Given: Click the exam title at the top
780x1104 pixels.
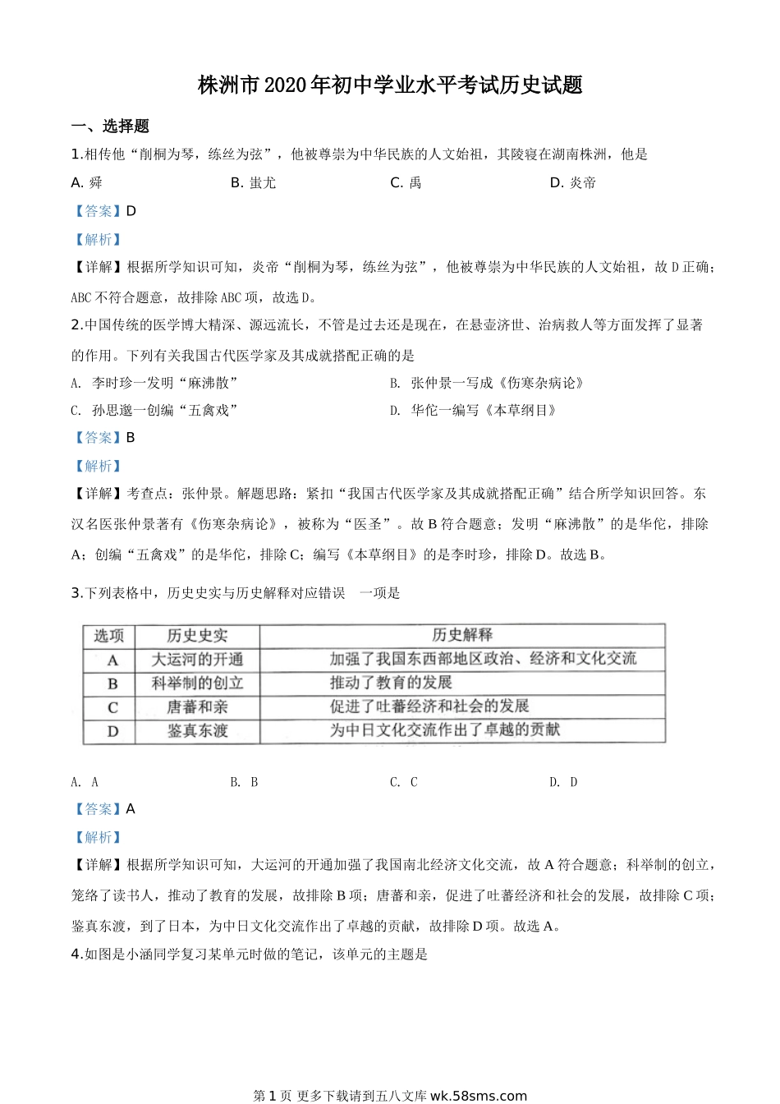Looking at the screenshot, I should tap(390, 85).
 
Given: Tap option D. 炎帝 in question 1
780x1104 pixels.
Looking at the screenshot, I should tap(572, 182).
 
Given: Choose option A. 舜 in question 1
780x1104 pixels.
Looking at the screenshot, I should tap(87, 182).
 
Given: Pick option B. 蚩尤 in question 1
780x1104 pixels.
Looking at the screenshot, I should tap(253, 182).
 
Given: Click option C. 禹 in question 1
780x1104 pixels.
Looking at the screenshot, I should tap(406, 182).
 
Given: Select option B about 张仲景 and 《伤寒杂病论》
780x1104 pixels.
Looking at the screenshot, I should tap(486, 383).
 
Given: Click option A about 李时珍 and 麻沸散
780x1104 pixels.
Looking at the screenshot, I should tap(154, 383).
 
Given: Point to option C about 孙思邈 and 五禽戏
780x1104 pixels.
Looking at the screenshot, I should tap(154, 410).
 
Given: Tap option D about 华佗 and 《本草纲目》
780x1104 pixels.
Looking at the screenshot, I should tap(473, 410).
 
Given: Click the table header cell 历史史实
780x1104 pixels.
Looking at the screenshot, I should tap(197, 636).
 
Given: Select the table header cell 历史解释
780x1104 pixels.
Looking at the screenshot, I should tap(462, 635).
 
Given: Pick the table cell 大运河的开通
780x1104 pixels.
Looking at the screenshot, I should tap(197, 660).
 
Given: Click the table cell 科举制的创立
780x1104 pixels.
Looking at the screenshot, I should tap(197, 683).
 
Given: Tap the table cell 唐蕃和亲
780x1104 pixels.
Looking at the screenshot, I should tap(197, 707).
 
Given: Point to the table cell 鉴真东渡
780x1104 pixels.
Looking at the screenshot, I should tap(197, 731).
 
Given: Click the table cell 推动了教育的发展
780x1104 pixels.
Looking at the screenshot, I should tap(391, 683).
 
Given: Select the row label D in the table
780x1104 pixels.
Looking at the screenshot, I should tap(112, 731).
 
